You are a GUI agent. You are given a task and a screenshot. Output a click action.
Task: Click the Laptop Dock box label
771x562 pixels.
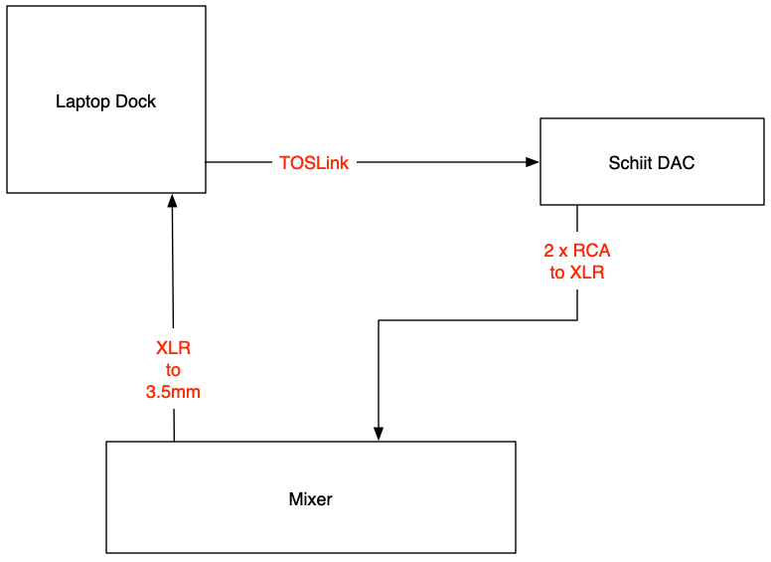pos(105,101)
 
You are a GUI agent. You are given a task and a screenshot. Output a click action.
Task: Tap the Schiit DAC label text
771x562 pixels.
pos(651,163)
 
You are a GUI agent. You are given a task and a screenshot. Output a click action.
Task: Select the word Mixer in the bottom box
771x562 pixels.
pos(310,499)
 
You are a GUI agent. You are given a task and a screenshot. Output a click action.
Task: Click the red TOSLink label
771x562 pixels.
pos(314,163)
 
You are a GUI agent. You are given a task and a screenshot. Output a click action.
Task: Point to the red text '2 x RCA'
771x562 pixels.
pos(577,251)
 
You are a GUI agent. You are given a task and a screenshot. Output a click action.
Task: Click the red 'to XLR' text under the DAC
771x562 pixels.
pos(577,273)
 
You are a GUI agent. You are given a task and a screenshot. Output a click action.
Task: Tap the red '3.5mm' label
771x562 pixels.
pos(173,392)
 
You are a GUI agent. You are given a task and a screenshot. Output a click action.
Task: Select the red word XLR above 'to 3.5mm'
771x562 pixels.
pos(173,348)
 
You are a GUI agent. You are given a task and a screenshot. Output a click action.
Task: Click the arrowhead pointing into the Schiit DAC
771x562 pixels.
pos(533,162)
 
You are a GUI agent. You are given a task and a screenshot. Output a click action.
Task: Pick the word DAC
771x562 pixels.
pos(677,163)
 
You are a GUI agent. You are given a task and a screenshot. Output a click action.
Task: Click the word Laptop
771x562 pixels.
pos(83,101)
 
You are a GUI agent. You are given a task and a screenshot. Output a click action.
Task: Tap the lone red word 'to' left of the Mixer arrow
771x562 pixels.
pos(173,370)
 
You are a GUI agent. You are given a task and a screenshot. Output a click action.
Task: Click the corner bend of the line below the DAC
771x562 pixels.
pos(577,320)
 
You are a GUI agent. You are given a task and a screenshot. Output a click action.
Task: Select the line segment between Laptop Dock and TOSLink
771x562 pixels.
pos(238,162)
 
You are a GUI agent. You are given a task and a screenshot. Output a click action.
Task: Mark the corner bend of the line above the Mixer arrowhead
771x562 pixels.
pos(379,320)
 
